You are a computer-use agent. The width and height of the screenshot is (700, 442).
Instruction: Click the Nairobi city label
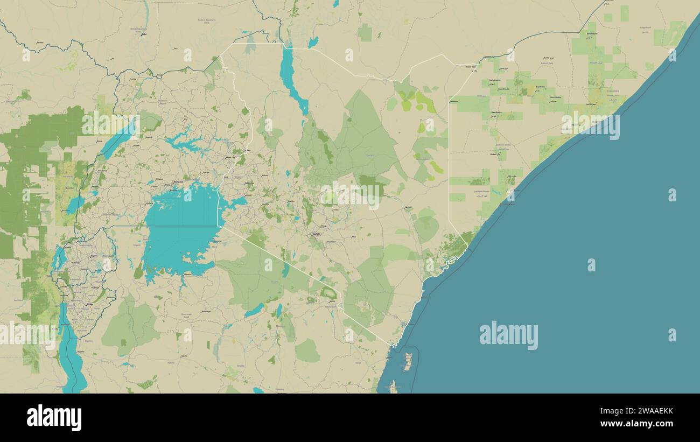tap(316, 234)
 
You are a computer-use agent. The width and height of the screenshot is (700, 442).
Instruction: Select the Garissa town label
tap(408, 207)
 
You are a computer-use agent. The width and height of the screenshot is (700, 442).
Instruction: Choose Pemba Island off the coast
tap(408, 362)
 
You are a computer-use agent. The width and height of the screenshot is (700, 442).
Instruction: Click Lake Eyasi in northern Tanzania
tap(254, 310)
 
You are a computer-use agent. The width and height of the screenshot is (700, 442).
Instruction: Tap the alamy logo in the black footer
tap(54, 418)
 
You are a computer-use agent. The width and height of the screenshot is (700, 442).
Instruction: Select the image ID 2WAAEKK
tap(643, 412)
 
